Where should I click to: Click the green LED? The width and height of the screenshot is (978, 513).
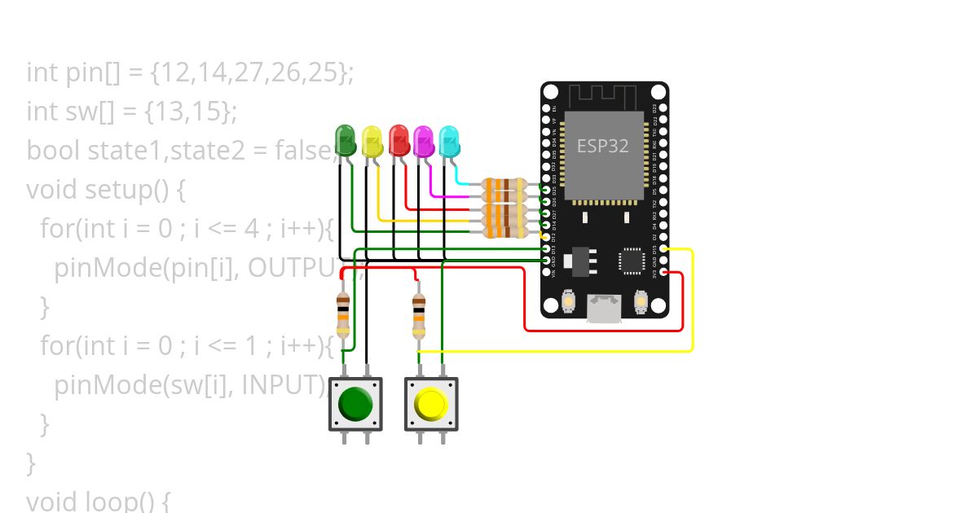click(x=346, y=140)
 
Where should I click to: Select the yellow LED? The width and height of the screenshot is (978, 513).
click(x=372, y=142)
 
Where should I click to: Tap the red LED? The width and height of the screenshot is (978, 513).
click(x=399, y=140)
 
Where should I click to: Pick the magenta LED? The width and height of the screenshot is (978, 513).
click(x=423, y=141)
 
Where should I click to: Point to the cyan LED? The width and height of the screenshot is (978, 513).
click(x=449, y=142)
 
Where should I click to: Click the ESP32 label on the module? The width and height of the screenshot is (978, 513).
click(x=602, y=146)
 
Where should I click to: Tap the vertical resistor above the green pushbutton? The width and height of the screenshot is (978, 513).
click(x=343, y=315)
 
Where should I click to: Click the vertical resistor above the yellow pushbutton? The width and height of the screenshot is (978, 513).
click(x=418, y=315)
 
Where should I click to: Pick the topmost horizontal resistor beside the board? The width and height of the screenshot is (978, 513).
click(x=504, y=186)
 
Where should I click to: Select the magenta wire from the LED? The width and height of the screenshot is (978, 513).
click(x=444, y=196)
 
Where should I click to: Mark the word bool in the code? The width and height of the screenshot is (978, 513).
click(x=54, y=151)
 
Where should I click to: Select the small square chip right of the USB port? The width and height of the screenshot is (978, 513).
click(x=632, y=260)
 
